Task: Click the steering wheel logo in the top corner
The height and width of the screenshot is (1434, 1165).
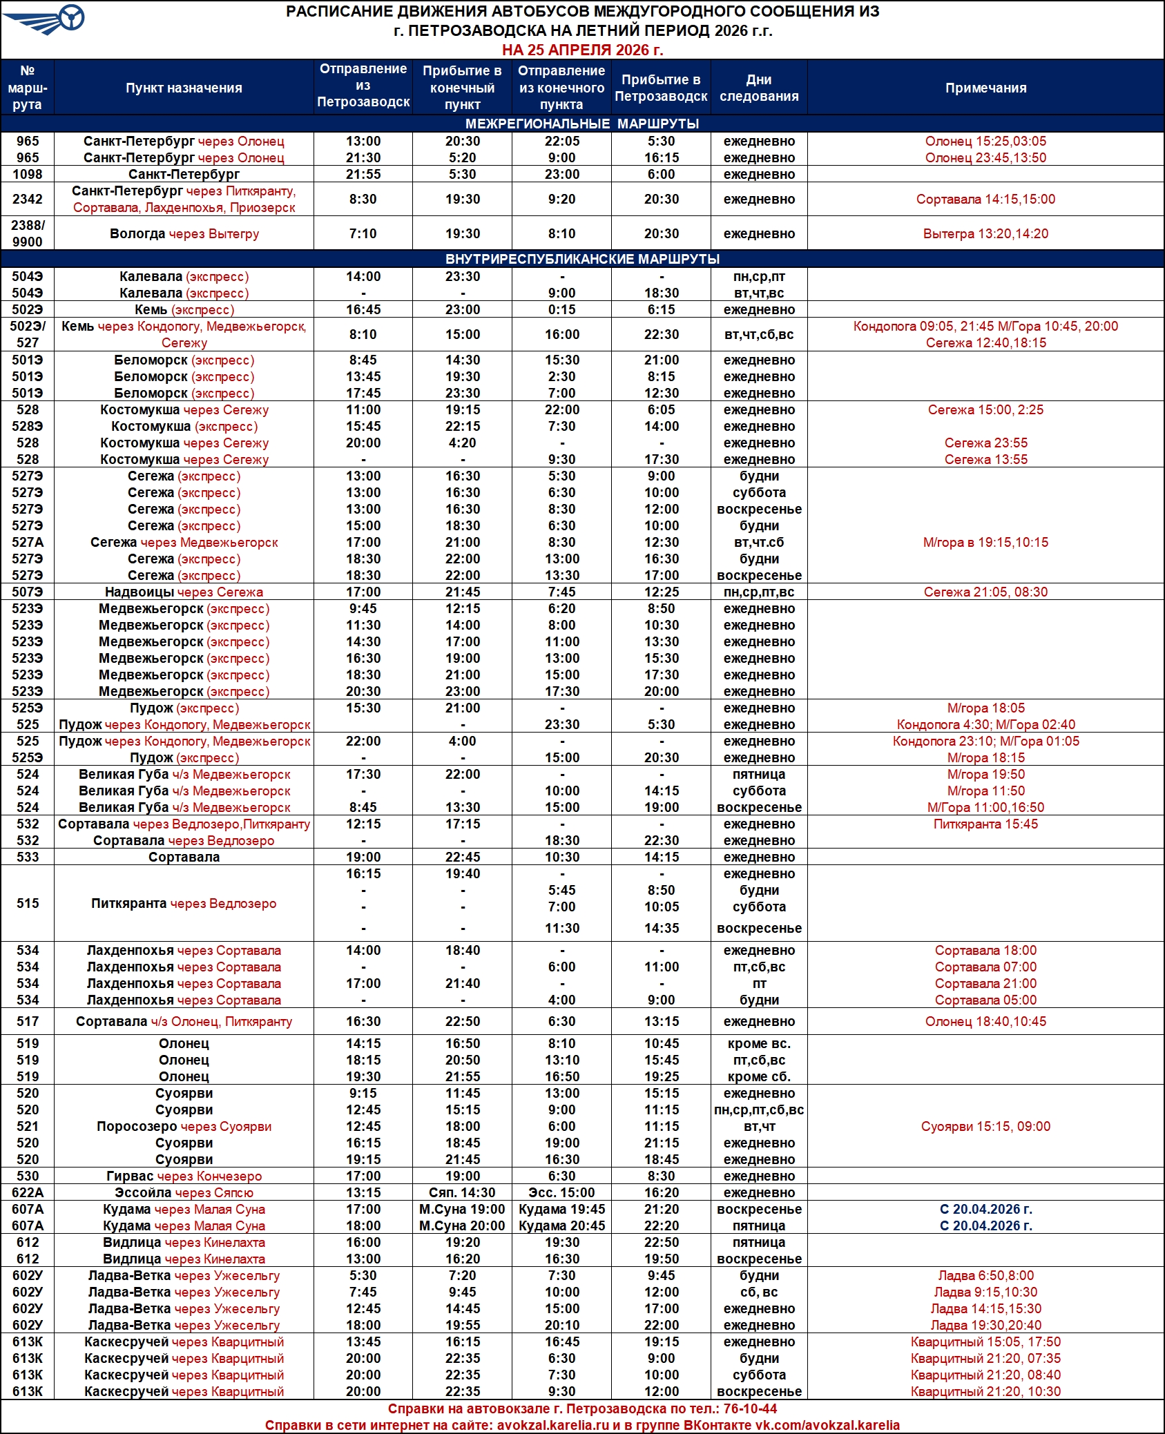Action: coord(70,18)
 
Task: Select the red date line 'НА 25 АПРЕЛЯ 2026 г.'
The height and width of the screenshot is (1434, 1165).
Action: coord(582,50)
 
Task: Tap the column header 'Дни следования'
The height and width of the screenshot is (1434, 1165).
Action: coord(759,88)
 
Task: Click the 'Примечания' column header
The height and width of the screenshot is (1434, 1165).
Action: coord(985,88)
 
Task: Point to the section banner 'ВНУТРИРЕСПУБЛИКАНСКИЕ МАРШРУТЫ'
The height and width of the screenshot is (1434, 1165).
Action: coord(582,259)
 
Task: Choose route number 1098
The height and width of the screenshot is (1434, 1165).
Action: coord(28,174)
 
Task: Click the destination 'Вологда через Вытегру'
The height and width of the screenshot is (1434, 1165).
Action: coord(184,233)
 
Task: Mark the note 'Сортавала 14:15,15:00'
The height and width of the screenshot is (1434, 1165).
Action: coord(985,199)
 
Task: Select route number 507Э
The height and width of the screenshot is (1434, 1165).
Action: coord(28,592)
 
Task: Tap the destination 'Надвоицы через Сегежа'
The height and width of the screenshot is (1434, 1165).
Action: coord(184,592)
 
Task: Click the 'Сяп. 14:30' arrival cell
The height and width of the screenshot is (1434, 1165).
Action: coord(462,1192)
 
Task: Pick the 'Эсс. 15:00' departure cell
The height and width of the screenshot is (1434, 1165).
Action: coord(561,1192)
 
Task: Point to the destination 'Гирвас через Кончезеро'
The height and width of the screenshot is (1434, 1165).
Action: coord(184,1176)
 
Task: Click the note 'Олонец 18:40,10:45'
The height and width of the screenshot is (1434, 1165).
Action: coord(985,1021)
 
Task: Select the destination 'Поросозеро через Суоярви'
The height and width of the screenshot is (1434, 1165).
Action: coord(184,1126)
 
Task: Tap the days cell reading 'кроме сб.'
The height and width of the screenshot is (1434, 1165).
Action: coord(759,1076)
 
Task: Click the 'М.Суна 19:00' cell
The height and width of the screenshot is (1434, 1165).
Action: coord(462,1209)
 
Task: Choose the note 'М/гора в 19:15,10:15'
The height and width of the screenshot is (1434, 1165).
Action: coord(985,542)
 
